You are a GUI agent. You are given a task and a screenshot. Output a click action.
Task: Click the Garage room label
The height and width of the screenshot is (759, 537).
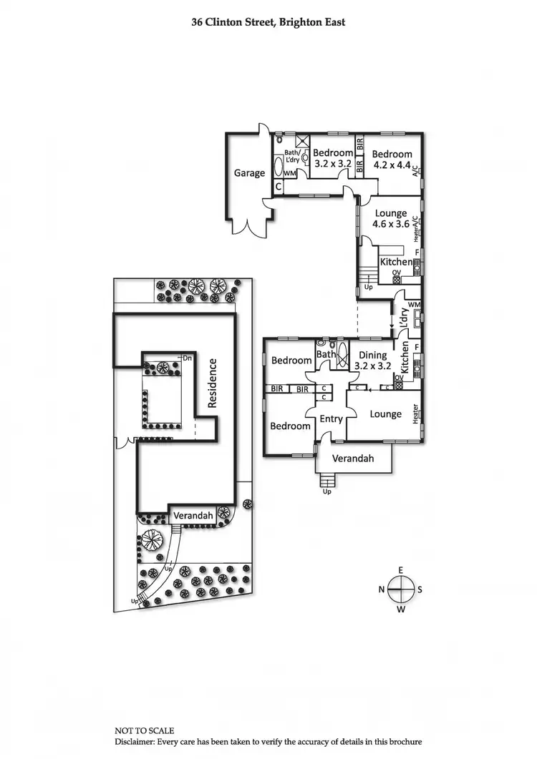[x=249, y=172]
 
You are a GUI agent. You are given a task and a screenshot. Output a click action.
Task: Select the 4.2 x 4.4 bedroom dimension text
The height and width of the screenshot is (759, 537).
[x=392, y=165]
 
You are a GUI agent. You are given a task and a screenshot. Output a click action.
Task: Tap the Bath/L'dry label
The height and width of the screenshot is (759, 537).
[x=292, y=155]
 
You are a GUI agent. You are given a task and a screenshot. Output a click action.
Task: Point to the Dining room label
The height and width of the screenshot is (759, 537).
[x=372, y=355]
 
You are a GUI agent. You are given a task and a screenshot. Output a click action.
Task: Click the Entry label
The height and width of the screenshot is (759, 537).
[x=331, y=419]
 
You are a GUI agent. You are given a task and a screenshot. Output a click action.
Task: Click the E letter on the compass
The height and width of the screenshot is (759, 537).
[x=401, y=569]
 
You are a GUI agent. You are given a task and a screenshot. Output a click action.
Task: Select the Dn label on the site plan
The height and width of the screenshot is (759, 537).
[x=188, y=357]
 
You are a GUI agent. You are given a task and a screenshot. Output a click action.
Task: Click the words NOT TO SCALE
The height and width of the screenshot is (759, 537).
[x=144, y=730]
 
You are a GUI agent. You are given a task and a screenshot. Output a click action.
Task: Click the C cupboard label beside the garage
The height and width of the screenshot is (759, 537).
[x=279, y=186]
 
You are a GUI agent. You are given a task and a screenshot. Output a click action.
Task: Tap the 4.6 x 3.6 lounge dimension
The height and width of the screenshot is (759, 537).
[x=390, y=224]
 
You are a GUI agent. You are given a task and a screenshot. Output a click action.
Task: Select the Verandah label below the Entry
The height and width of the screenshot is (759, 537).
[x=354, y=459]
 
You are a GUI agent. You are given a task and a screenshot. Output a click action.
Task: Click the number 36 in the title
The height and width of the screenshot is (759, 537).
[x=197, y=22]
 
